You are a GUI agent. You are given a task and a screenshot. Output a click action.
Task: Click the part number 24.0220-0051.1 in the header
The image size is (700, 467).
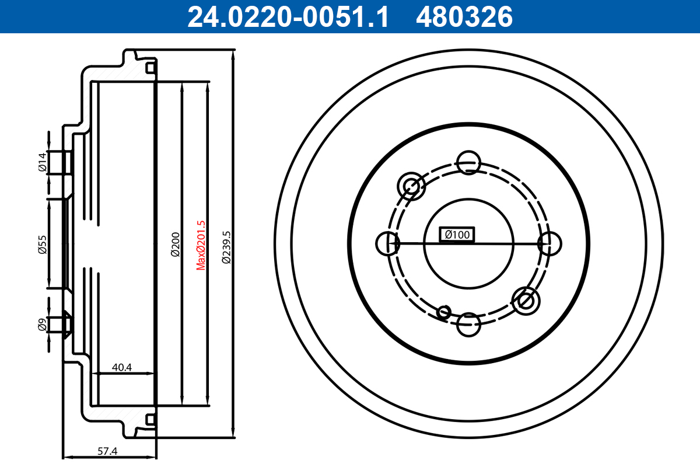(287, 17)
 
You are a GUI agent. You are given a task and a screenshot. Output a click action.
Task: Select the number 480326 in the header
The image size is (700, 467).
(464, 17)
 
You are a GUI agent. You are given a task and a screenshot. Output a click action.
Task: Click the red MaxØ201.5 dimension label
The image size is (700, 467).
(201, 245)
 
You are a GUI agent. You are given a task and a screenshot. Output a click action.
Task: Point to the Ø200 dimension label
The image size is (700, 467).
(175, 245)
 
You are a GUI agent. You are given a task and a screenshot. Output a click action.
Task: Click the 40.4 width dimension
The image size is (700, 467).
(122, 368)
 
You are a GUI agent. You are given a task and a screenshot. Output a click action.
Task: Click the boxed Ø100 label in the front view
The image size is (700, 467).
(457, 235)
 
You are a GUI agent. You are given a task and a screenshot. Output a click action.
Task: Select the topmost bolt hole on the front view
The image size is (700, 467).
(468, 163)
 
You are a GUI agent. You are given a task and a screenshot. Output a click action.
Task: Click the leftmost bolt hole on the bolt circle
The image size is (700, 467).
(388, 243)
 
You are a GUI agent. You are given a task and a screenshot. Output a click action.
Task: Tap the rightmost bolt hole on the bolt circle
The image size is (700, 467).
(549, 243)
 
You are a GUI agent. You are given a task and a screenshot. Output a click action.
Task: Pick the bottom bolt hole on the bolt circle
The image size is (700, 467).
(468, 325)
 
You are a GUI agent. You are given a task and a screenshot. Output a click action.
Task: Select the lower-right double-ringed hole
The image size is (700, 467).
(526, 301)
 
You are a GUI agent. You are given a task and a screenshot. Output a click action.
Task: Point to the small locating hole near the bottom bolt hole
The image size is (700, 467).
(444, 312)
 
